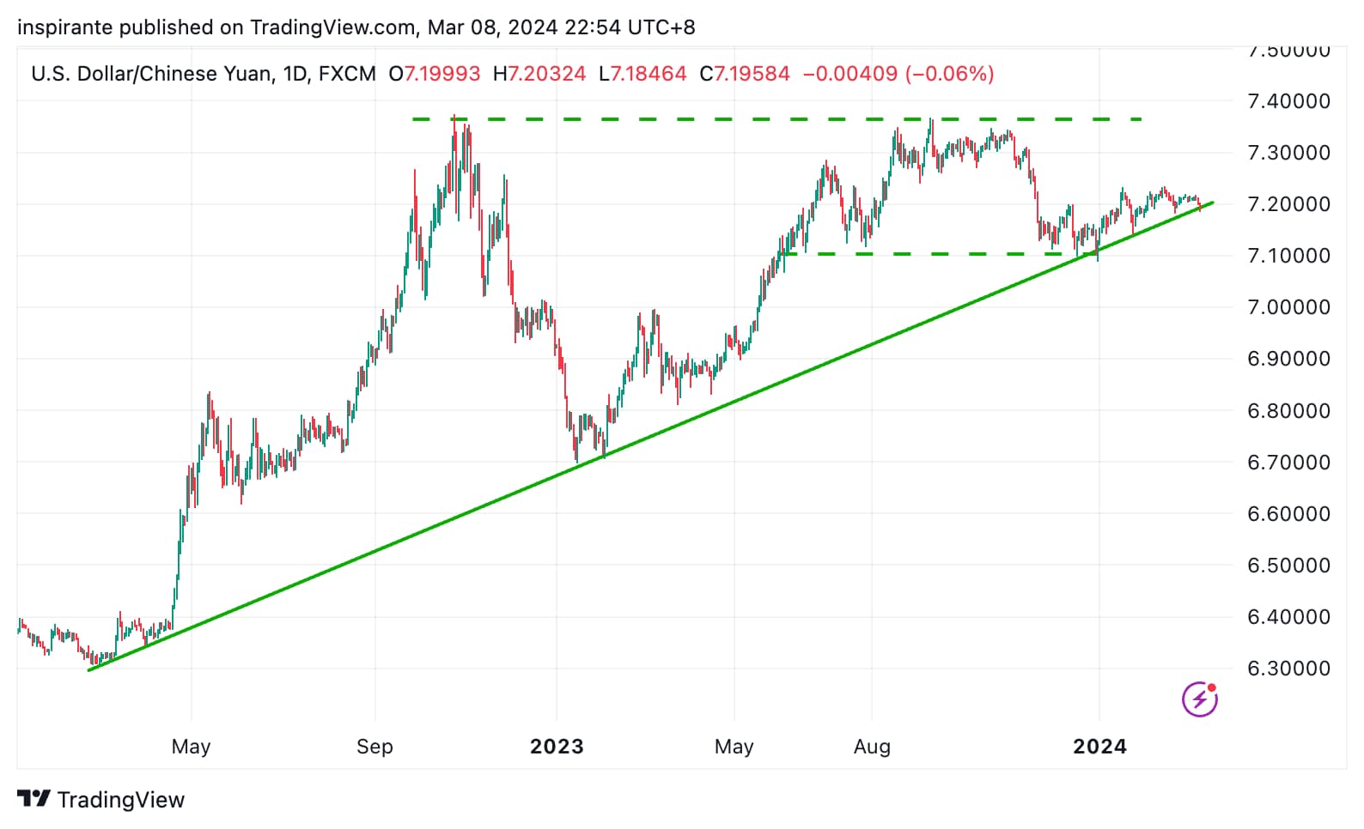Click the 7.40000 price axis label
point(1288,101)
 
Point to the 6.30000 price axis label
point(1288,669)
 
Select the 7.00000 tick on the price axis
point(1288,307)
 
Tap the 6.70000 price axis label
point(1288,463)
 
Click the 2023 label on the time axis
point(557,747)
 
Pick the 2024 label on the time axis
point(1099,747)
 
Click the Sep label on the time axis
point(374,747)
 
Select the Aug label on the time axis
point(872,747)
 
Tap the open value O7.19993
point(435,74)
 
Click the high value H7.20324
point(539,74)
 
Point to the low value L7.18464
point(642,74)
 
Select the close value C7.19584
point(745,74)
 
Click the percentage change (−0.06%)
point(949,74)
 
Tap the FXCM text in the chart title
point(347,74)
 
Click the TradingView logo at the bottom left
point(100,800)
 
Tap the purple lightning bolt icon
point(1199,699)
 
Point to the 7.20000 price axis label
point(1288,204)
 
